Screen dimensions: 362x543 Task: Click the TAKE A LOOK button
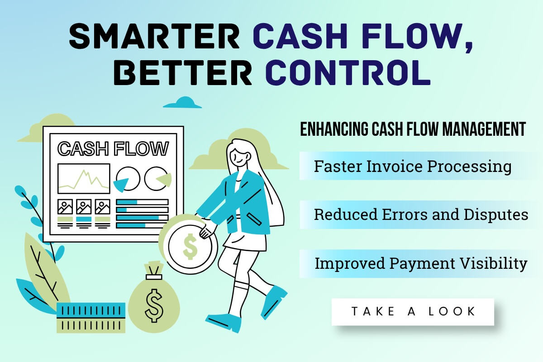[413, 311]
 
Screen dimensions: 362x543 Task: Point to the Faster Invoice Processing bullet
[413, 166]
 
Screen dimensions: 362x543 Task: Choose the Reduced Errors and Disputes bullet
[421, 214]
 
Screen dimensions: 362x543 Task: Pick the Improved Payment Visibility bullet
[421, 263]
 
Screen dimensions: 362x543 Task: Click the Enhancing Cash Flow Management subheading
[413, 129]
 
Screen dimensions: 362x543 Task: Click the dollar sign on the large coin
[190, 247]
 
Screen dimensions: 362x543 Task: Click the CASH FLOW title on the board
[113, 148]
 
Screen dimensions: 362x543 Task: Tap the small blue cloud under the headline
[182, 103]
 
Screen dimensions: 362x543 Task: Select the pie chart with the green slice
[157, 178]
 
